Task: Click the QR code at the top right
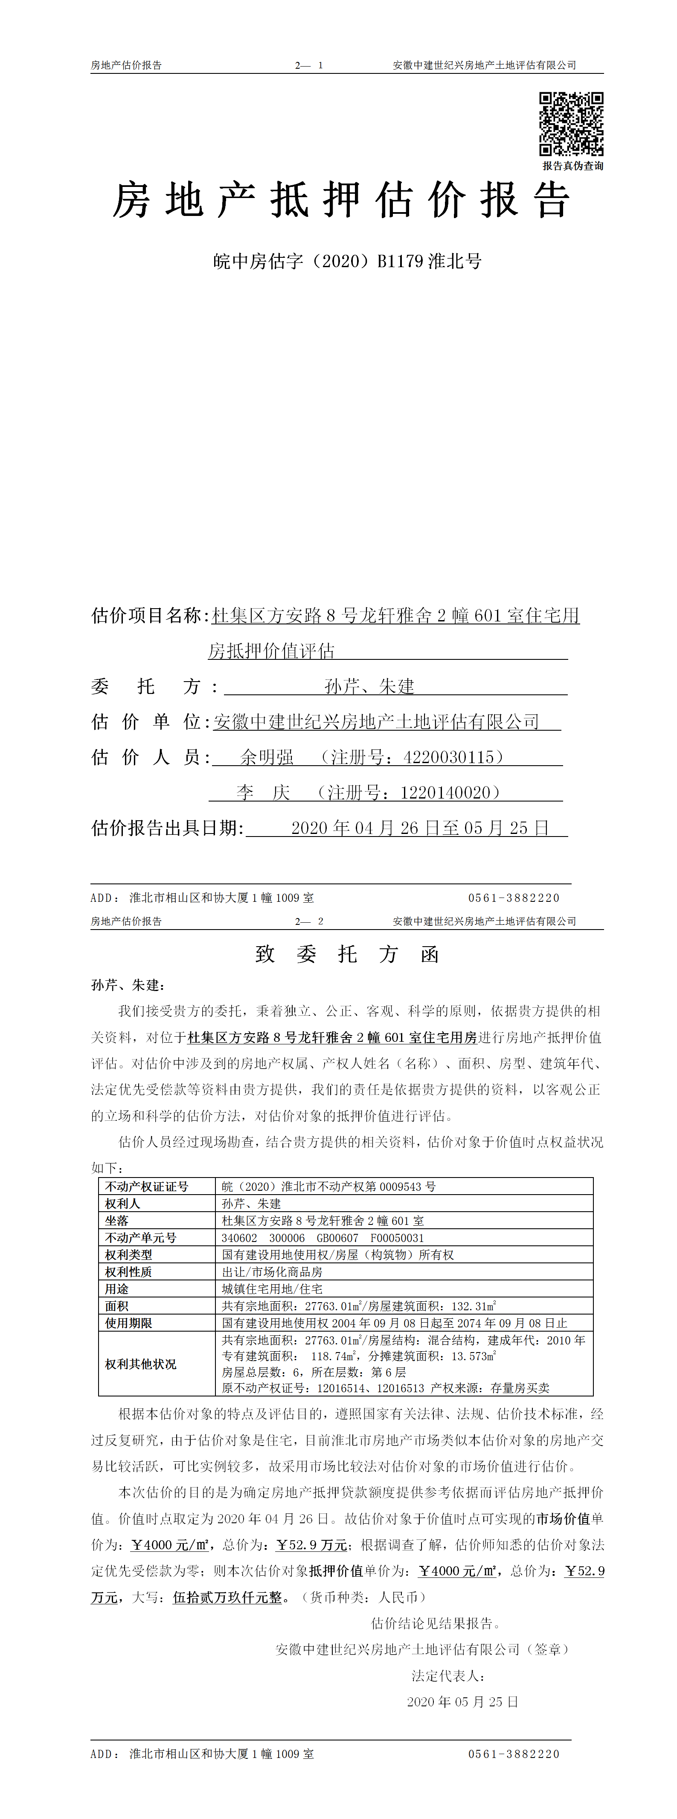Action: (571, 124)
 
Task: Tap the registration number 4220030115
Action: (448, 757)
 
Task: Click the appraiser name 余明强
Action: (267, 757)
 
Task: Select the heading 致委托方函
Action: (347, 955)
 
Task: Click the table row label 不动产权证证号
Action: (147, 1186)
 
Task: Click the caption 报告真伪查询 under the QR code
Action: (572, 166)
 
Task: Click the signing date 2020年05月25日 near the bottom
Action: (462, 1702)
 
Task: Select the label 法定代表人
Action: (447, 1676)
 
